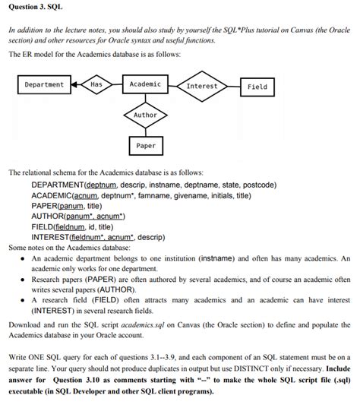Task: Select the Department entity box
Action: [x=44, y=84]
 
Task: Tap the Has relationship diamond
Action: [x=96, y=84]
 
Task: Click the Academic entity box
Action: [x=145, y=84]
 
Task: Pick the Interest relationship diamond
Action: [x=201, y=86]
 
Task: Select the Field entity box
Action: [x=257, y=87]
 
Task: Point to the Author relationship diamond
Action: [x=145, y=115]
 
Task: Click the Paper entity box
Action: [x=145, y=145]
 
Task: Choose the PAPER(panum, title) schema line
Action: [x=66, y=206]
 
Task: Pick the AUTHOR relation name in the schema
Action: [x=50, y=216]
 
